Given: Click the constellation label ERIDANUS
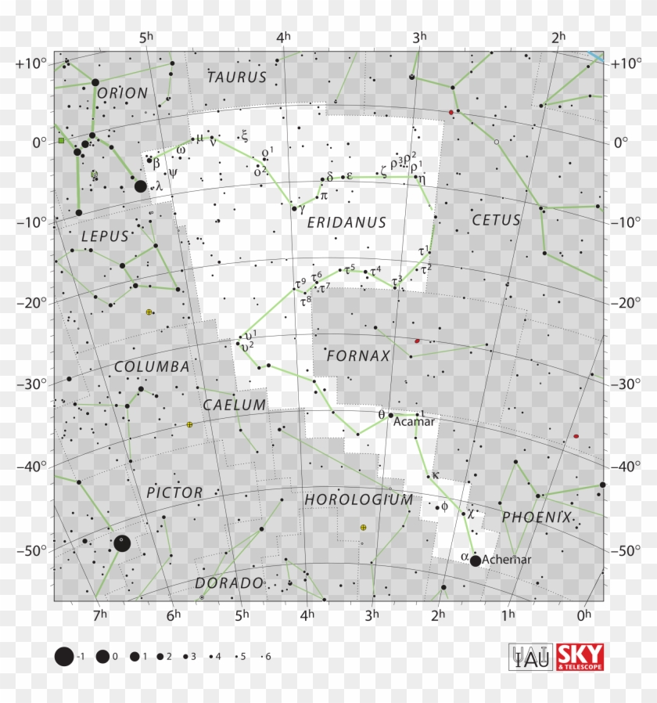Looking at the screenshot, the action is pyautogui.click(x=346, y=223).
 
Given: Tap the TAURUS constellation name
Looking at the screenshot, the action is pyautogui.click(x=237, y=78).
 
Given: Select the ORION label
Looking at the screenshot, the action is pyautogui.click(x=123, y=93).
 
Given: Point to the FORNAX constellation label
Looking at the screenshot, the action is pyautogui.click(x=358, y=356).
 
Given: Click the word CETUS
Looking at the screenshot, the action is pyautogui.click(x=496, y=221).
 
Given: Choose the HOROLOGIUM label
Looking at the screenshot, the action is pyautogui.click(x=358, y=499).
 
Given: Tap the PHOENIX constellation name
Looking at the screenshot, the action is pyautogui.click(x=537, y=517).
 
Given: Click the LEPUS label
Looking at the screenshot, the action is pyautogui.click(x=104, y=236).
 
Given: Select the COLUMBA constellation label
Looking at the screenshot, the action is pyautogui.click(x=152, y=366).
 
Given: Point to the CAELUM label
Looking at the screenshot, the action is pyautogui.click(x=235, y=405).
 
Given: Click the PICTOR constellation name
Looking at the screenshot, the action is pyautogui.click(x=174, y=492).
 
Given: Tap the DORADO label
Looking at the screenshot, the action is pyautogui.click(x=229, y=583).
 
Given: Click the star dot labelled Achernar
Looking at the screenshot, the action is pyautogui.click(x=476, y=561).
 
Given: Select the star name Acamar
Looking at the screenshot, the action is pyautogui.click(x=414, y=421).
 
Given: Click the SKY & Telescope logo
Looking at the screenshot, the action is pyautogui.click(x=580, y=658).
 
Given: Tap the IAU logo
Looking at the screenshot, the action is pyautogui.click(x=531, y=658).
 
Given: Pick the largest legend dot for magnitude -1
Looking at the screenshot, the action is pyautogui.click(x=64, y=657).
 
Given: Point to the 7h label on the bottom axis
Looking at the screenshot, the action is pyautogui.click(x=99, y=615).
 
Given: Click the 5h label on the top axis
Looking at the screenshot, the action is pyautogui.click(x=145, y=37).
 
